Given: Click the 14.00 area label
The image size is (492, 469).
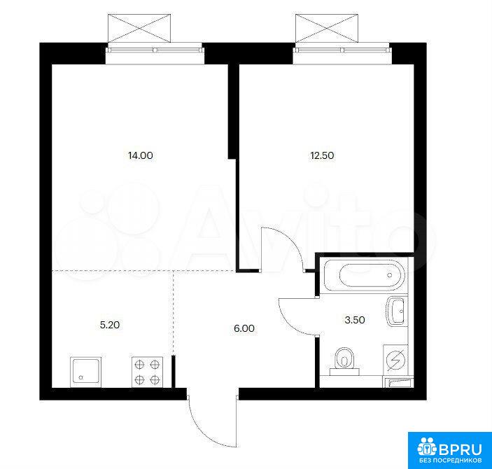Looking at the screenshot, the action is pyautogui.click(x=141, y=155).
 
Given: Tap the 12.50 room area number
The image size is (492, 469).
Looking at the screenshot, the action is pyautogui.click(x=322, y=155).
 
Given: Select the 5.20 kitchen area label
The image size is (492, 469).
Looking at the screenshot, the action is pyautogui.click(x=110, y=325).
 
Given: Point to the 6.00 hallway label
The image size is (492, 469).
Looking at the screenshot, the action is pyautogui.click(x=244, y=328).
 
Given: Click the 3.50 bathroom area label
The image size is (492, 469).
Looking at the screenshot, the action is pyautogui.click(x=355, y=320).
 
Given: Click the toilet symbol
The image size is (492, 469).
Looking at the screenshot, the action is pyautogui.click(x=344, y=361).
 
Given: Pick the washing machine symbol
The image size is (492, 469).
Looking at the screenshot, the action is pyautogui.click(x=395, y=360).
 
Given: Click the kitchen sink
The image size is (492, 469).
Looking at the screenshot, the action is pyautogui.click(x=85, y=372).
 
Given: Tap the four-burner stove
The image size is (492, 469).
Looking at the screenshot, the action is pyautogui.click(x=147, y=372).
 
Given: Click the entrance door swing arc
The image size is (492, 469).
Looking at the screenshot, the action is pyautogui.click(x=204, y=432).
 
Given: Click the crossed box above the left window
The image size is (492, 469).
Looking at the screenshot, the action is pyautogui.click(x=139, y=28).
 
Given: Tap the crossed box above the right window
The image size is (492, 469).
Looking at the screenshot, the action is pyautogui.click(x=326, y=28).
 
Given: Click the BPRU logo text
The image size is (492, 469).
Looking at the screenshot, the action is pyautogui.click(x=460, y=449).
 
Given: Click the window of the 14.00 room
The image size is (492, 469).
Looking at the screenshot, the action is pyautogui.click(x=155, y=50).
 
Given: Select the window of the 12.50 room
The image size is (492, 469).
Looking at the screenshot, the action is pyautogui.click(x=342, y=50).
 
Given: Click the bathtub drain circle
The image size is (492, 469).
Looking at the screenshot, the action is pyautogui.click(x=390, y=275).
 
